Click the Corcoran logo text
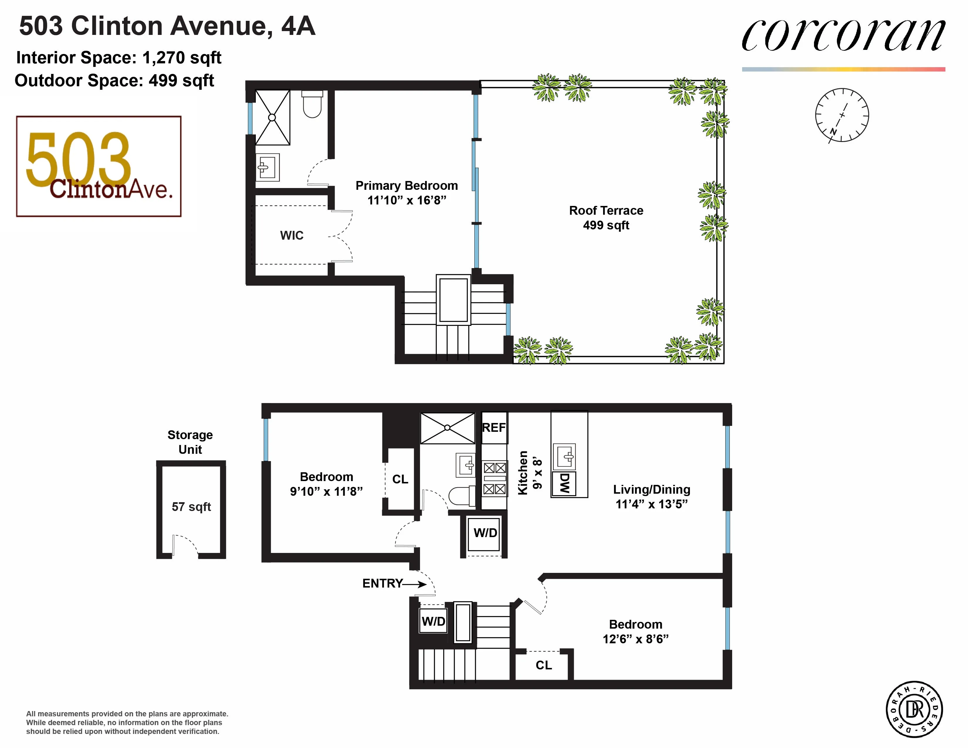point(843,35)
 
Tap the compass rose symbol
point(842,115)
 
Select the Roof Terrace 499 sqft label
point(606,218)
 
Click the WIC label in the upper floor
point(292,235)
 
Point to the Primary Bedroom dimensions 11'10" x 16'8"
point(407,200)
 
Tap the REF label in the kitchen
point(494,428)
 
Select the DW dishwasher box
point(564,483)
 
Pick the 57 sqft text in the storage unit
point(191,507)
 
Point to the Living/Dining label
point(651,490)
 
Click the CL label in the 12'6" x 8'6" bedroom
point(544,665)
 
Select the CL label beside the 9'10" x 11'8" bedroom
point(400,479)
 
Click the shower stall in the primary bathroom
point(272,117)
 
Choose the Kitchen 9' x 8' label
point(530,473)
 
